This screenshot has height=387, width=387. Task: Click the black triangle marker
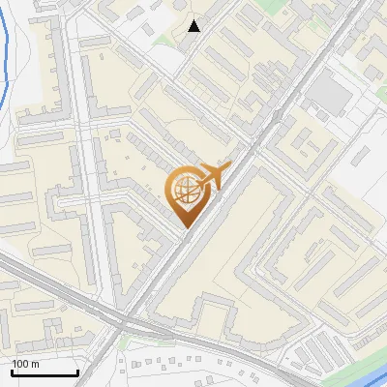pyautogui.click(x=194, y=25)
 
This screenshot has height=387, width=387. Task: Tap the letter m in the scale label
pyautogui.click(x=36, y=364)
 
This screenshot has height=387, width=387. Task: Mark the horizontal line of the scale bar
pyautogui.click(x=45, y=373)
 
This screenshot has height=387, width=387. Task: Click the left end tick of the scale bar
pyautogui.click(x=12, y=372)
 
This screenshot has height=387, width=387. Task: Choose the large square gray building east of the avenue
pyautogui.click(x=331, y=94)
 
